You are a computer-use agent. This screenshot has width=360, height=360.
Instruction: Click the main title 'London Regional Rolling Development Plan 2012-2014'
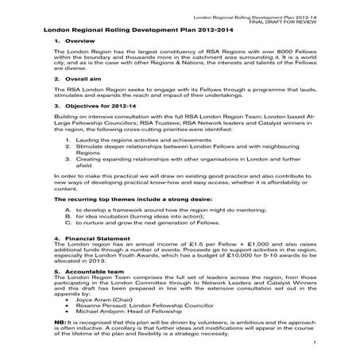[x=136, y=28]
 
